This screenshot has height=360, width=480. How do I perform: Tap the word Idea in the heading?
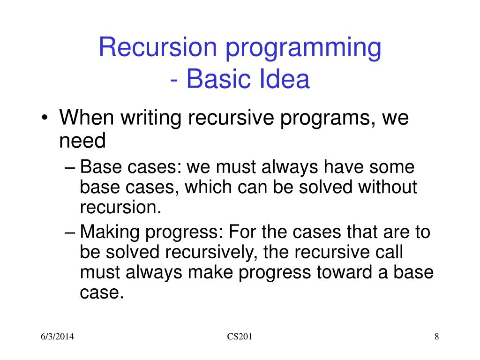(x=285, y=79)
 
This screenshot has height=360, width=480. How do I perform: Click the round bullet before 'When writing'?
(x=45, y=118)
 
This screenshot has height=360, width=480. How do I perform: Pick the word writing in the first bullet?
(x=150, y=119)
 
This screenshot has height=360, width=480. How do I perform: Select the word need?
(x=82, y=141)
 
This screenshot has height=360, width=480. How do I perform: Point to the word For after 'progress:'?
(x=242, y=232)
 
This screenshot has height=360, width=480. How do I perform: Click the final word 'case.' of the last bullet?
(x=102, y=292)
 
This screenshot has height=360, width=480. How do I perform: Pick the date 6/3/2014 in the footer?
(x=57, y=337)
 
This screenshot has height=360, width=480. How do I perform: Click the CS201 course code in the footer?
(x=240, y=337)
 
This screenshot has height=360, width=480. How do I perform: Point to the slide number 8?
(x=436, y=337)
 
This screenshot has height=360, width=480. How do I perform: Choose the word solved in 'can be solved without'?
(x=325, y=187)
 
